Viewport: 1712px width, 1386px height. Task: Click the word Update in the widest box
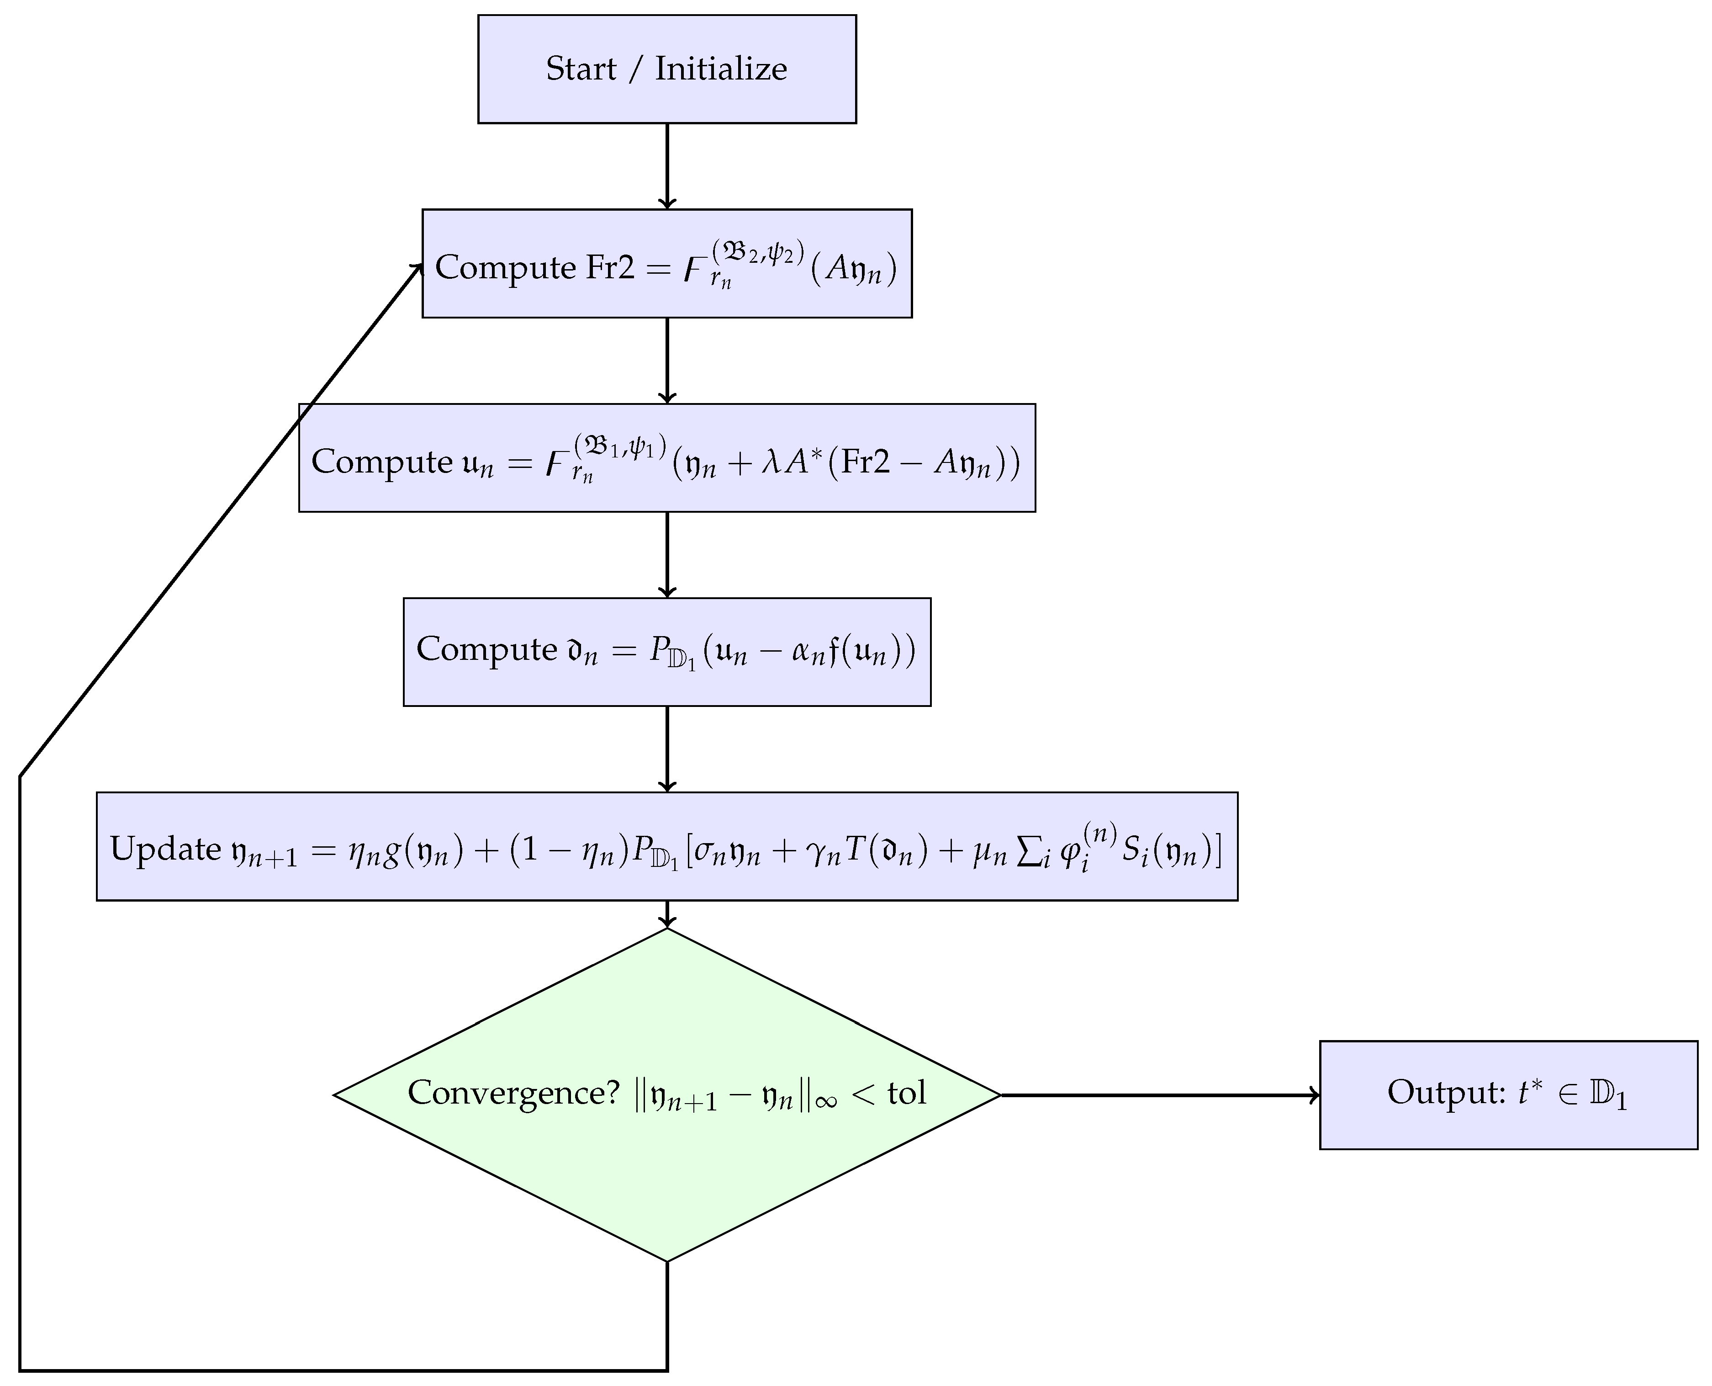coord(165,849)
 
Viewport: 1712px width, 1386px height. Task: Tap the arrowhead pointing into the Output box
coord(1313,1095)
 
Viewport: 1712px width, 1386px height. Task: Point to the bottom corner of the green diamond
coord(667,1261)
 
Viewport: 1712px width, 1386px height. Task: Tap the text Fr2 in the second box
coord(611,267)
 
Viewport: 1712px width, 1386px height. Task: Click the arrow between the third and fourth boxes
coord(667,554)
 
